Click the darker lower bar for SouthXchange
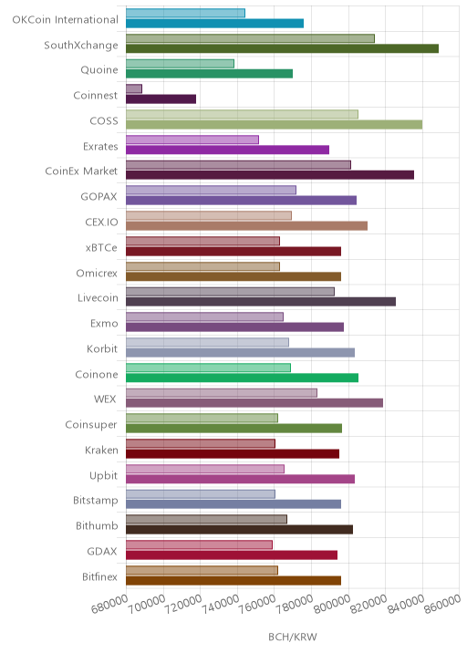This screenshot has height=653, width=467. pos(282,48)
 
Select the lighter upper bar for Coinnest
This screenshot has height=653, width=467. pos(134,88)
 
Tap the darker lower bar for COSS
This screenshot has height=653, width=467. pos(275,125)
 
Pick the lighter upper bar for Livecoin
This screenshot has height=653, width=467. pos(230,292)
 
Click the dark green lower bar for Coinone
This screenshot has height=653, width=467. pos(242,378)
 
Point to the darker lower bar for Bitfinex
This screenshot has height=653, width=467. pos(233,581)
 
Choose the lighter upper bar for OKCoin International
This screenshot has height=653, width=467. pos(185,13)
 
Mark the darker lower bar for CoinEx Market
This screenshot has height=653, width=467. pos(270,175)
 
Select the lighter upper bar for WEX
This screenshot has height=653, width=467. pos(222,393)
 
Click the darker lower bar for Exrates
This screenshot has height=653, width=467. pos(227,150)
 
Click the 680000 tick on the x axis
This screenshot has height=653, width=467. pos(109,604)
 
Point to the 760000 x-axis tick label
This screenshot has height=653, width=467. pos(257,604)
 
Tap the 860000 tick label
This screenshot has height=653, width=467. pos(443,604)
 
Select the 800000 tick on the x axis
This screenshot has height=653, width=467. pos(332,604)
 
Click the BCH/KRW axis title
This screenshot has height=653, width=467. pos(293,637)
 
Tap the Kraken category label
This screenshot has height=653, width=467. pos(101,451)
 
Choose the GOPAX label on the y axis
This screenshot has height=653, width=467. pos(99,197)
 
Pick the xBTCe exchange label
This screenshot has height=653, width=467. pos(101,248)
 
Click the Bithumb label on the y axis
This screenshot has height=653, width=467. pos(97,525)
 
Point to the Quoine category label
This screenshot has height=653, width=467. pos(99,69)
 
